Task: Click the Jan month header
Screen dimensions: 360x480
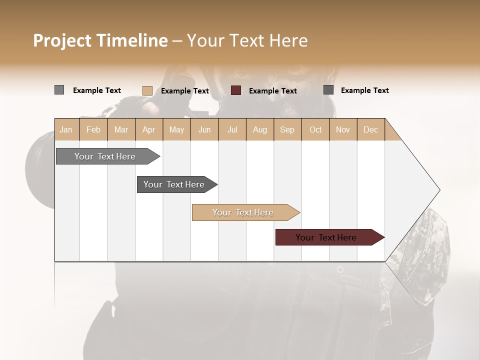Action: [x=66, y=129]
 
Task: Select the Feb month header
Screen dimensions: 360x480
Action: [x=93, y=129]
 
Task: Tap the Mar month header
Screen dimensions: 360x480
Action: [x=121, y=129]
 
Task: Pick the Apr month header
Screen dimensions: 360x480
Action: [x=148, y=129]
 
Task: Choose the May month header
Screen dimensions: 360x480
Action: [x=176, y=129]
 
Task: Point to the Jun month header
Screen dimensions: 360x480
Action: [x=204, y=129]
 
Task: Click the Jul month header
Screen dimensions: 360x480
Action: [x=232, y=129]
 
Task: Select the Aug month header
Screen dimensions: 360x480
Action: [x=259, y=129]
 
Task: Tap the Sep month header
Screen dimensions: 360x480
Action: [x=287, y=129]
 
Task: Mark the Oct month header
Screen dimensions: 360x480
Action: [x=315, y=129]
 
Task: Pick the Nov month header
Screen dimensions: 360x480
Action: [x=343, y=129]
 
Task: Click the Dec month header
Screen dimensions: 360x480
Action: [x=370, y=129]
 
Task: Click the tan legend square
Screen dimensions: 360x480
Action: [x=147, y=90]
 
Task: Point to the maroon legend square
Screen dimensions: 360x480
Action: [x=236, y=90]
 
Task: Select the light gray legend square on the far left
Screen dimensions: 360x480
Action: [x=59, y=90]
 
